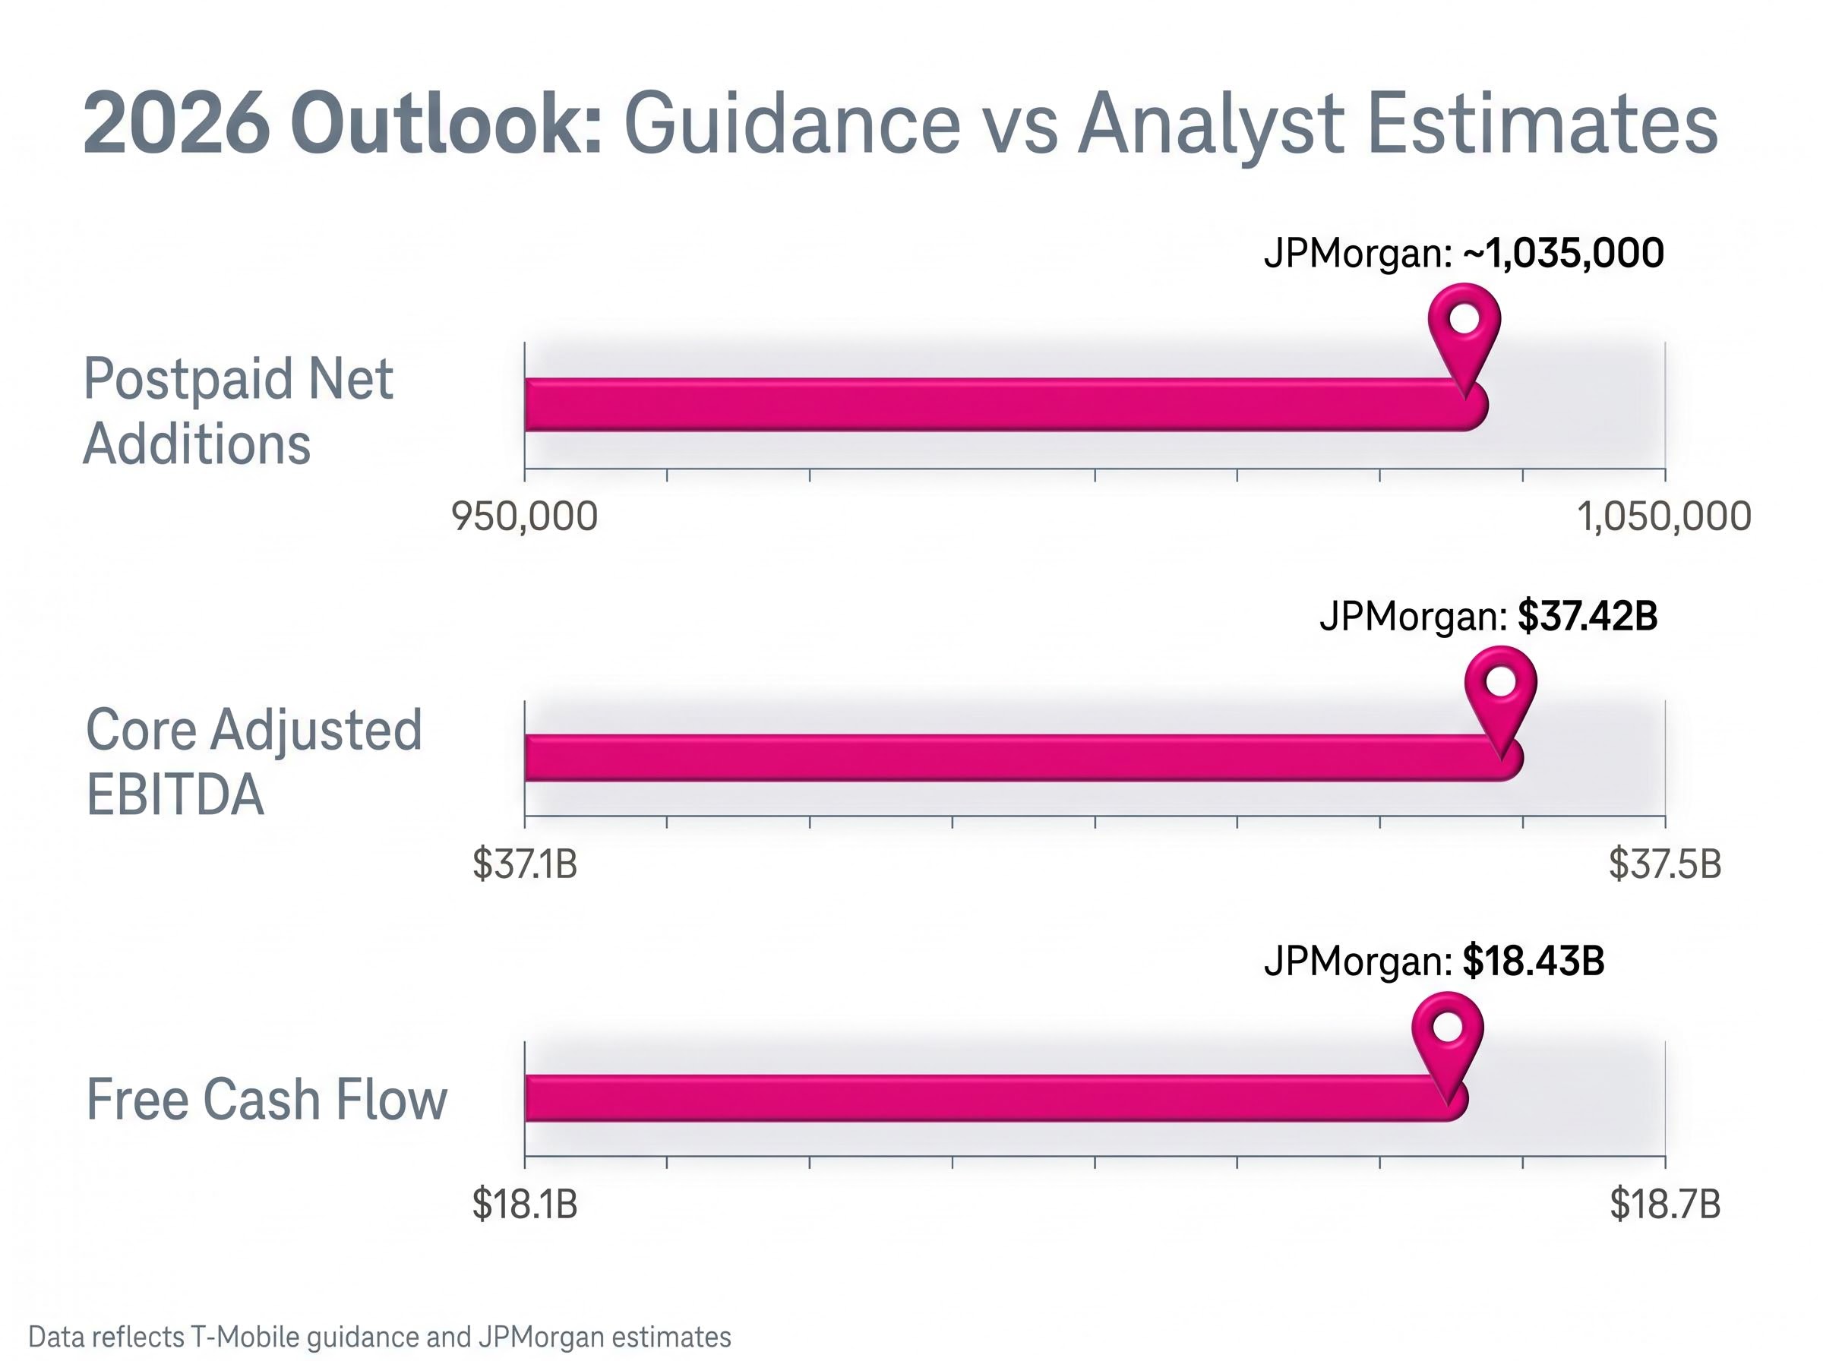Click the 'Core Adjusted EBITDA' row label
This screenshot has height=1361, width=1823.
click(254, 762)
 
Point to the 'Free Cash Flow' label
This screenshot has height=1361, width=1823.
click(266, 1099)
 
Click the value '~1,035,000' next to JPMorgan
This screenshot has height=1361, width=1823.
click(1562, 253)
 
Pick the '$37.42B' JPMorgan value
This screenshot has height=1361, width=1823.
click(1587, 615)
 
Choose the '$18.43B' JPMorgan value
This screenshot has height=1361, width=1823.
click(1533, 962)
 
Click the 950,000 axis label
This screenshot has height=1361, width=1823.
click(525, 517)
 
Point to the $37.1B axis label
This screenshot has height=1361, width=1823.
click(525, 864)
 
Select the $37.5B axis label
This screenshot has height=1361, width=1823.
click(1665, 864)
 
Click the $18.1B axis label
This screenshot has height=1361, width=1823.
click(525, 1205)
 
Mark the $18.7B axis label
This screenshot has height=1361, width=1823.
click(1665, 1205)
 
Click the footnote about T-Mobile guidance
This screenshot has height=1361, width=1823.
click(380, 1336)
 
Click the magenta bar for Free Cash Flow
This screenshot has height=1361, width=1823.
click(988, 1098)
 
